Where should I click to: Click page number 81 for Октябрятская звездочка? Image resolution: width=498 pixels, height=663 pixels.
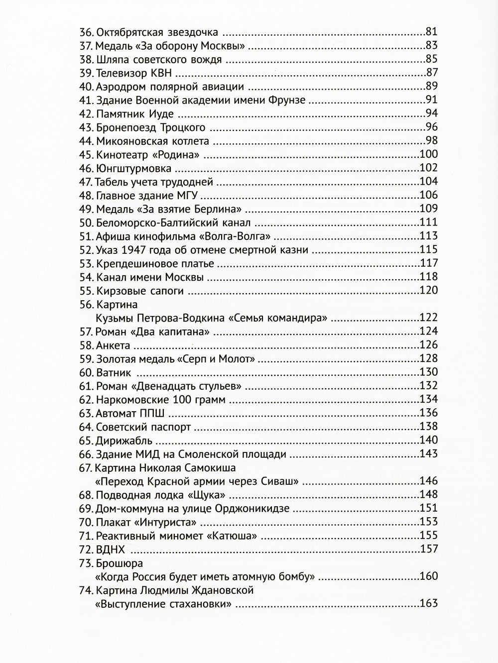[431, 32]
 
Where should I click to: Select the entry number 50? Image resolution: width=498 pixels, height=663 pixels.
[87, 222]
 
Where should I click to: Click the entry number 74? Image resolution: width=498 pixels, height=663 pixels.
[87, 590]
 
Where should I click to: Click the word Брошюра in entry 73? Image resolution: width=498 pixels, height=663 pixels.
[119, 563]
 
